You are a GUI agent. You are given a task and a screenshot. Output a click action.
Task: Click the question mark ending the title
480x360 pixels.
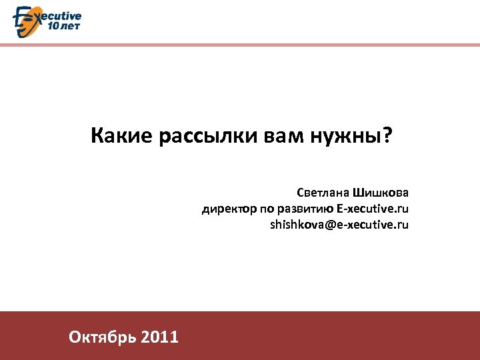click(387, 137)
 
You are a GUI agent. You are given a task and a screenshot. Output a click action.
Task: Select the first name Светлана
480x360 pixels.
click(325, 193)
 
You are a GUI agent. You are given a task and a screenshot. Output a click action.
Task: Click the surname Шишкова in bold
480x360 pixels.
click(383, 193)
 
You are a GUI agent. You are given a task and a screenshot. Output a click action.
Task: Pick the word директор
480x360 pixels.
click(226, 209)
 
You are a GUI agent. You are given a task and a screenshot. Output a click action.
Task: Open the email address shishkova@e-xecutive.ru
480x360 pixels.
click(339, 225)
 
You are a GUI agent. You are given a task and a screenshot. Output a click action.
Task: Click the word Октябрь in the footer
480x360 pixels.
click(102, 337)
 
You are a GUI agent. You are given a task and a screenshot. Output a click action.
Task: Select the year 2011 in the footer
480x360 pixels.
click(160, 337)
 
